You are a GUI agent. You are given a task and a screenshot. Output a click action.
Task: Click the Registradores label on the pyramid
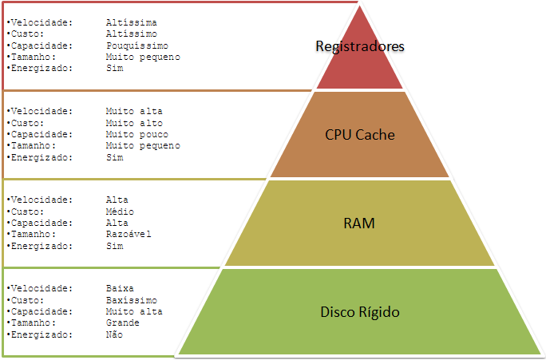tap(360, 46)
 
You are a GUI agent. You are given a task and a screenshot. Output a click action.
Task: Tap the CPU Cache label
tap(360, 135)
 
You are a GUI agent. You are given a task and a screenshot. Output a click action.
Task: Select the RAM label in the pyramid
tap(360, 223)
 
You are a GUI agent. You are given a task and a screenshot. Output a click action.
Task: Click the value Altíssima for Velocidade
tap(131, 23)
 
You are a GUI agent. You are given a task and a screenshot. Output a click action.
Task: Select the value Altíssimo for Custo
tap(131, 34)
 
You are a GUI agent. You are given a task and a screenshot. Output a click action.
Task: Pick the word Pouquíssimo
tap(136, 45)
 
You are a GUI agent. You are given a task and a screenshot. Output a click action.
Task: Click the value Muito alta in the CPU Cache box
tap(133, 112)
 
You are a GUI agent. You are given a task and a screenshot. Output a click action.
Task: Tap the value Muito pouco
tap(136, 134)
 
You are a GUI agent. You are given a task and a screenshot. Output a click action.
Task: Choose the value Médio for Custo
tap(120, 212)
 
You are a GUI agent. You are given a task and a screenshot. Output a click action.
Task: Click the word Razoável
tap(128, 234)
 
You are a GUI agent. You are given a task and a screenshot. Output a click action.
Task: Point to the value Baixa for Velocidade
tap(120, 288)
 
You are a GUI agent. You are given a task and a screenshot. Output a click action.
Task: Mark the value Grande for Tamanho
tap(122, 322)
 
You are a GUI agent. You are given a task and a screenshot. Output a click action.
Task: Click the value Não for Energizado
tap(114, 334)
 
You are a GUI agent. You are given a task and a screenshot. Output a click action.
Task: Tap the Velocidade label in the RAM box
tap(40, 200)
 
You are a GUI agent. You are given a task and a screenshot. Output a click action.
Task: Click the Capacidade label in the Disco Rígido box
tap(40, 311)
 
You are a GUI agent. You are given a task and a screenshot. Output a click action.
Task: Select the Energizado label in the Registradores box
tap(40, 69)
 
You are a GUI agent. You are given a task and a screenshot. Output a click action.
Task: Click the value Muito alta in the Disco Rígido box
tap(133, 311)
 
